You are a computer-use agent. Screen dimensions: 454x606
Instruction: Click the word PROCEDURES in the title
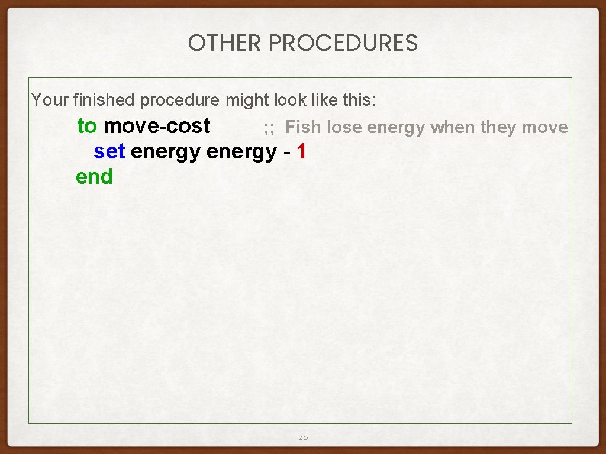click(x=343, y=43)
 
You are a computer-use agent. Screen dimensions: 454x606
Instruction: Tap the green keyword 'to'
click(x=87, y=126)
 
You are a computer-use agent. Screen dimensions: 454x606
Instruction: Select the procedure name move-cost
click(x=157, y=126)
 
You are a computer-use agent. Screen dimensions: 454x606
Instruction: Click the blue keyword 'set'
click(x=109, y=152)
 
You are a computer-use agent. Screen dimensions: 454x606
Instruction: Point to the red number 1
click(x=302, y=152)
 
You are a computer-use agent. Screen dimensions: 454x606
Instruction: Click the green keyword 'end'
click(x=94, y=177)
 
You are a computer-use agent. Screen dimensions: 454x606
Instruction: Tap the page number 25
click(x=303, y=437)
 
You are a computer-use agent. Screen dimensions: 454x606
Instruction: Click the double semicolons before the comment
click(x=269, y=127)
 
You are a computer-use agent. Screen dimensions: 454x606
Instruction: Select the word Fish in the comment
click(x=303, y=127)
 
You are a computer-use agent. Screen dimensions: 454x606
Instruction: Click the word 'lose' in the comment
click(x=344, y=127)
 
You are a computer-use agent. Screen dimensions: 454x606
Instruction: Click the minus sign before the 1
click(x=286, y=153)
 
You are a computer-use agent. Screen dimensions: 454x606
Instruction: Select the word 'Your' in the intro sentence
click(x=50, y=100)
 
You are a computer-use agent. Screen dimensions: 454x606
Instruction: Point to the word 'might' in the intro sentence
click(x=247, y=100)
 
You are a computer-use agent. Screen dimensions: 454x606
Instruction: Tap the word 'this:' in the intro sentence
click(x=359, y=100)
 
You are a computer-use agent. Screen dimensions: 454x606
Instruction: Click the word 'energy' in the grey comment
click(x=396, y=127)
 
